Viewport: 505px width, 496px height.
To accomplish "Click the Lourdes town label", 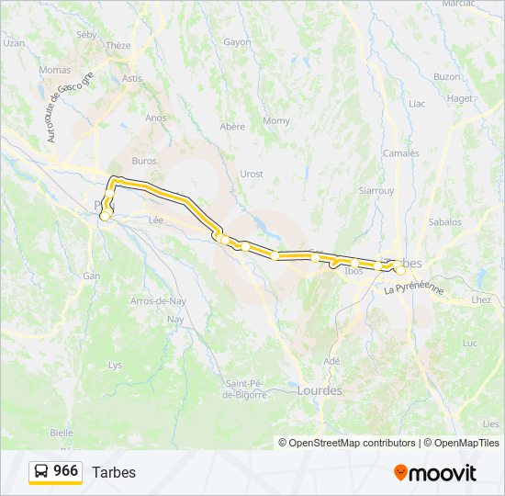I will (x=320, y=390).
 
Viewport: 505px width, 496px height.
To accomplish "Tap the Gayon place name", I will (x=237, y=42).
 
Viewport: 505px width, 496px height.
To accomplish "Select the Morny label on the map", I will (x=276, y=120).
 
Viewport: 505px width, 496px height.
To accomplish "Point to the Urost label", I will (x=251, y=174).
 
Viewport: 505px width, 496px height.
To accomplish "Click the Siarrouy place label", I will (x=376, y=191).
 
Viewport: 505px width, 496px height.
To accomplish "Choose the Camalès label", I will (x=400, y=153).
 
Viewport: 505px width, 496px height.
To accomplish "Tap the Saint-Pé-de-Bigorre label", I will (x=245, y=389).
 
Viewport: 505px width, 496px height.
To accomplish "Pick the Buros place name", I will (x=144, y=161).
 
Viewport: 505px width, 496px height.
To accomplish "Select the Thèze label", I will (x=118, y=45).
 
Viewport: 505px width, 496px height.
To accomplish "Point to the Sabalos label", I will (x=444, y=222).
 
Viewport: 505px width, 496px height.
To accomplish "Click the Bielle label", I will (x=62, y=432).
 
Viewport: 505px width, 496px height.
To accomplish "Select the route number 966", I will (x=65, y=471).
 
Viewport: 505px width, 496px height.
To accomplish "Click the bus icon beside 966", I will (x=42, y=472).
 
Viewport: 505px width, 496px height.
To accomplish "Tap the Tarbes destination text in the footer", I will (x=114, y=472).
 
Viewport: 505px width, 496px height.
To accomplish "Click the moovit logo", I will (x=435, y=473).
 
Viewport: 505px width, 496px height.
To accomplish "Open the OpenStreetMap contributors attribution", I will (x=353, y=443).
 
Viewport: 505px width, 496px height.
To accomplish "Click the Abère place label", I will (x=232, y=127).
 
